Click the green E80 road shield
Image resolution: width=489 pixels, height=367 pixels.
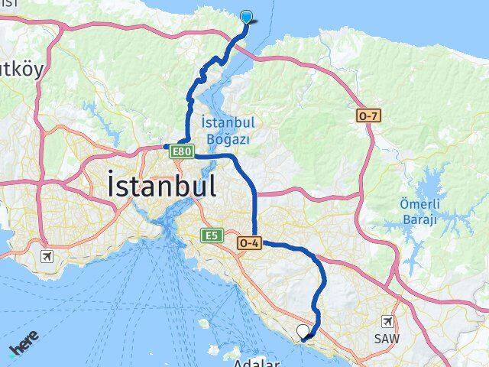[181, 152]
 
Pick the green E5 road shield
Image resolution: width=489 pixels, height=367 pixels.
[211, 235]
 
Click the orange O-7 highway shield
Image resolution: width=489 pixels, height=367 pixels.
[368, 116]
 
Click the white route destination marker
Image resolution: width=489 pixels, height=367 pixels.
[303, 331]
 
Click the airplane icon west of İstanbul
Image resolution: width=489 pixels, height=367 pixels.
[48, 255]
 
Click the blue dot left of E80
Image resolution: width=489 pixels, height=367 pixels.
[165, 146]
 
